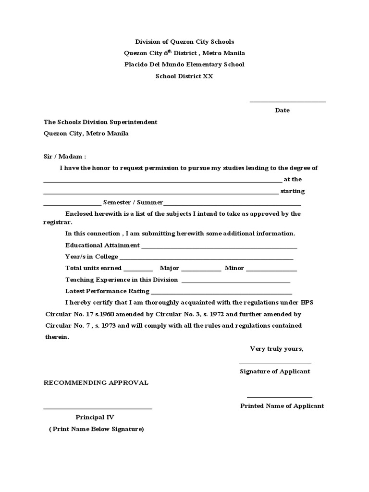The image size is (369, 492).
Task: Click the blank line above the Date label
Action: (x=287, y=101)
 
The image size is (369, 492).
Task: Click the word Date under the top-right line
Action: (x=282, y=111)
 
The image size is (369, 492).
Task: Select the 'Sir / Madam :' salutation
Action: (x=65, y=157)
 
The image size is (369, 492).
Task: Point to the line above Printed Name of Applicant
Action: (x=280, y=397)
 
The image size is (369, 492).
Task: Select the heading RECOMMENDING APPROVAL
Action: (x=96, y=383)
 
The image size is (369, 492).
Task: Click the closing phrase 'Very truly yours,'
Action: (x=276, y=349)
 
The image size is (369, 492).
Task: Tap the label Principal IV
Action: (x=95, y=418)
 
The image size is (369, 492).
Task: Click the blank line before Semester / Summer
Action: (x=72, y=205)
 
